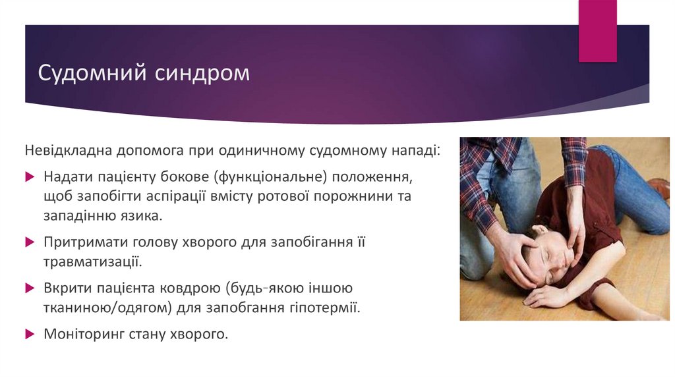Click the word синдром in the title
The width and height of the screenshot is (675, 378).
click(x=202, y=72)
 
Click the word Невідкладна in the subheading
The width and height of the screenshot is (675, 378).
click(x=69, y=150)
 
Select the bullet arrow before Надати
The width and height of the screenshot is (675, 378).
click(x=29, y=176)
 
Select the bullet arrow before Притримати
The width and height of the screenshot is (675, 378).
click(x=29, y=242)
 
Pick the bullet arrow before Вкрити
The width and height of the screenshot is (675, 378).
click(x=29, y=288)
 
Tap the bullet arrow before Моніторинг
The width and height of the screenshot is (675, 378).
click(x=29, y=333)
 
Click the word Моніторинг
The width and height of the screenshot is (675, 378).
click(x=86, y=333)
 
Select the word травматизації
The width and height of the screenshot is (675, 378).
click(x=93, y=262)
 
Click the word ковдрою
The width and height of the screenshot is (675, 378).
click(x=193, y=288)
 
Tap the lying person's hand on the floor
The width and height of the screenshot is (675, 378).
click(x=541, y=298)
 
